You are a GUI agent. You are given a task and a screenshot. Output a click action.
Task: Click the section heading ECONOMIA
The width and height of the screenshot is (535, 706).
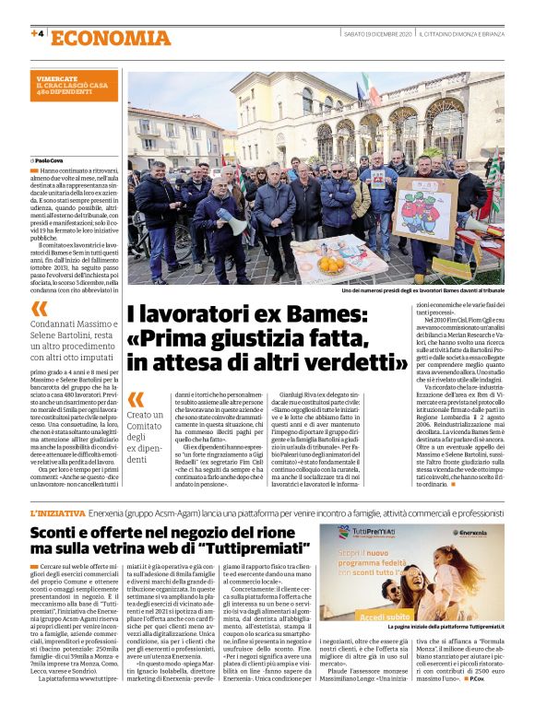[x=111, y=38]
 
